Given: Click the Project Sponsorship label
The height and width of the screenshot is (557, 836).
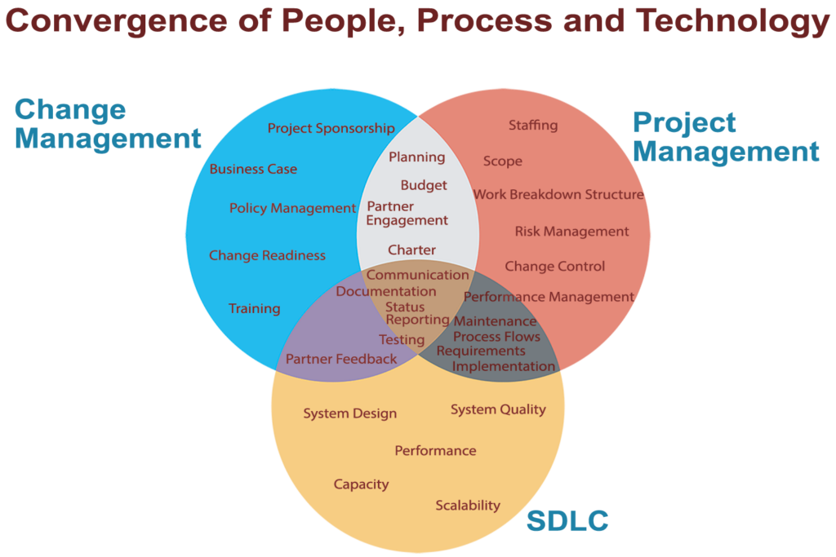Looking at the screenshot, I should pos(331,128).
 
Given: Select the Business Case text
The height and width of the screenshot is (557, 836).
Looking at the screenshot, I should pos(253,170).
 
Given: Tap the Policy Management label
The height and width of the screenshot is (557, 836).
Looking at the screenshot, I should pos(292,209).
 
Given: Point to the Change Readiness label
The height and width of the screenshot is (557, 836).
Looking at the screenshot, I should pos(267,255).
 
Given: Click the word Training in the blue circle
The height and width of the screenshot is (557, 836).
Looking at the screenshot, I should pos(254,308).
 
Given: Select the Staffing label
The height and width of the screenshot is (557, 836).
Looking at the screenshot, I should pos(532,125).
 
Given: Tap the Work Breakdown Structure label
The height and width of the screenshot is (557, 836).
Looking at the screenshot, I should pos(558,195).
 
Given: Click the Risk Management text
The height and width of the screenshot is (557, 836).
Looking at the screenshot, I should pos(571,232).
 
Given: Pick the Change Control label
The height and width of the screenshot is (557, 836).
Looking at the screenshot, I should pos(554,267).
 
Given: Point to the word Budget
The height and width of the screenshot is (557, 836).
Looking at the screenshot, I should pos(424,185).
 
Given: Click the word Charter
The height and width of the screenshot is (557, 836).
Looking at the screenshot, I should pos(411,250).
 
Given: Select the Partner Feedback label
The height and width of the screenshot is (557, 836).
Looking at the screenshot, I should pos(340,359).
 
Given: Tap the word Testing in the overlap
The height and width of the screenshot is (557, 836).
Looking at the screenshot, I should pos(402,340).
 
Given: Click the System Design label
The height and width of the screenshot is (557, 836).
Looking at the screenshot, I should pos(349,413).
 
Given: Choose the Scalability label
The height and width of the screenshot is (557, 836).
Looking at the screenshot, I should pos(467,506).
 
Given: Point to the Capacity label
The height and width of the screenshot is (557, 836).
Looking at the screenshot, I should pos(361,484).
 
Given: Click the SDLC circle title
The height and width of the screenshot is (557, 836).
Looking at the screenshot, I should pos(567,521).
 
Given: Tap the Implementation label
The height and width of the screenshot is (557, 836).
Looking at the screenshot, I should pos(503,366).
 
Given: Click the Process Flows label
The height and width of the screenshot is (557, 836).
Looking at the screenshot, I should pos(496,337).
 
